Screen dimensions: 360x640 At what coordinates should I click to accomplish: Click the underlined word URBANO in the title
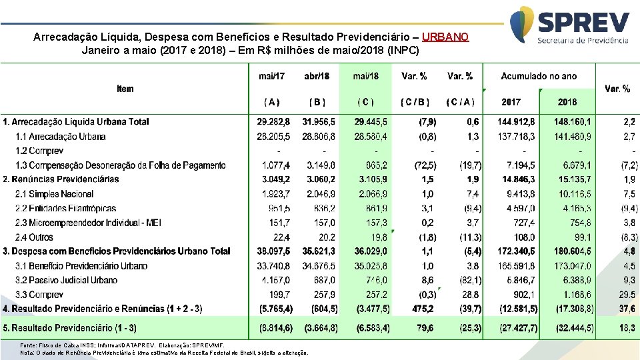pos(445,37)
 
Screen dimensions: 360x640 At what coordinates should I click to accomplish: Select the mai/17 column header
pos(271,76)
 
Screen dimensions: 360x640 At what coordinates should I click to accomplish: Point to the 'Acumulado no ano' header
pos(539,76)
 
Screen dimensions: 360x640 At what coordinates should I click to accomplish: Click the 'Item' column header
pos(125,89)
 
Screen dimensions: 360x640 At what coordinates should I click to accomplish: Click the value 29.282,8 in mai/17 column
pos(273,122)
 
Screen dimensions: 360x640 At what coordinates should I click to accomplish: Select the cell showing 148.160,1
pos(572,122)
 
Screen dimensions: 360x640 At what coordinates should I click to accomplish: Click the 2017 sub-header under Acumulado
pos(511,102)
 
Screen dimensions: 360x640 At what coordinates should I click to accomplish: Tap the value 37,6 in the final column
pos(629,309)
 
